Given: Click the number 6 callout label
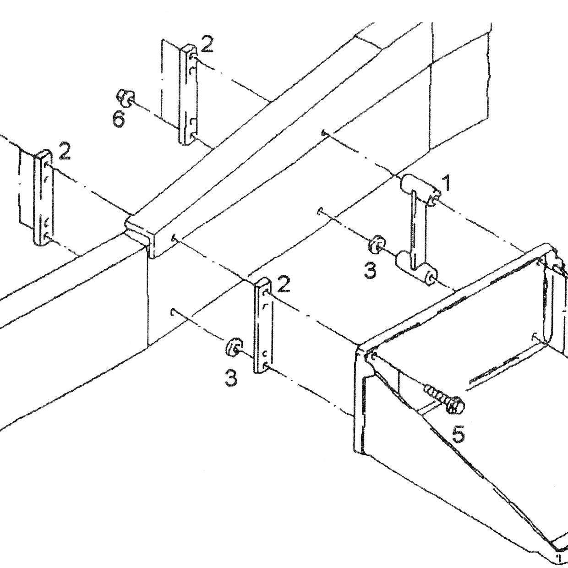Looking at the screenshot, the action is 119,120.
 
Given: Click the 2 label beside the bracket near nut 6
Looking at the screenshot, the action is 207,44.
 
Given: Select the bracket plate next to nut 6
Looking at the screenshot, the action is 188,94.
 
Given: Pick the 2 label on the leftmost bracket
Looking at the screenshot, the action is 64,151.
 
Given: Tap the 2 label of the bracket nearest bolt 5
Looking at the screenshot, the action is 284,284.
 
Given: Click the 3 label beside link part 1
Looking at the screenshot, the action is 370,270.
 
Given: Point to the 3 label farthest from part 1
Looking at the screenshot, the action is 231,378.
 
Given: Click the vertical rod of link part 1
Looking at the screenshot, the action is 418,227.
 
